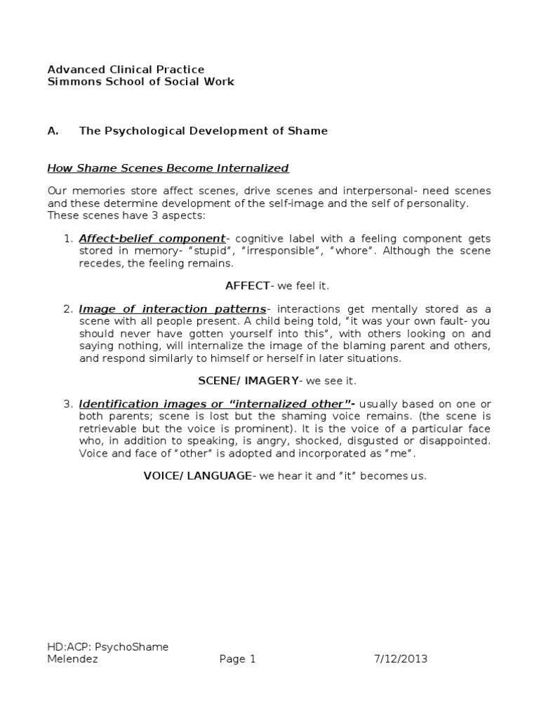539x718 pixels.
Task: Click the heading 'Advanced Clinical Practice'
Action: pos(126,69)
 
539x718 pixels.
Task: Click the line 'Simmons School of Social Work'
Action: pos(140,82)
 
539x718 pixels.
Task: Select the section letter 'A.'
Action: pos(53,131)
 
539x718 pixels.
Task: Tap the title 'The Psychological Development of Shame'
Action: pos(203,131)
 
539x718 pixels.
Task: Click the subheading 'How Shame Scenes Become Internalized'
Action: pos(168,168)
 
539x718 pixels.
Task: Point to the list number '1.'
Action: pos(68,239)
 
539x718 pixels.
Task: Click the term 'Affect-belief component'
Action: pos(152,239)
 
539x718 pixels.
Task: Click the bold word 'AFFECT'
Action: pos(248,286)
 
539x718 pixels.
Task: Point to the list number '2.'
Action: pos(68,309)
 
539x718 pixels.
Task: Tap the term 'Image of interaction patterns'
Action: pos(173,309)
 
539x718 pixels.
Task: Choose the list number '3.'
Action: pos(68,404)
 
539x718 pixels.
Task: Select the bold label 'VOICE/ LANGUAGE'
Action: pos(197,476)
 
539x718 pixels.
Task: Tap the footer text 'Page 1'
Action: pos(232,659)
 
